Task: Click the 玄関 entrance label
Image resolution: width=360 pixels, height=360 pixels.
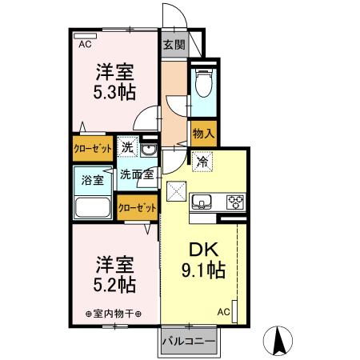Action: click(x=174, y=46)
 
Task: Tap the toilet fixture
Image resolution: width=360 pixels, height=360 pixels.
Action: click(x=202, y=81)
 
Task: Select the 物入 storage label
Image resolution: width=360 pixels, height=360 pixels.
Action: click(x=202, y=134)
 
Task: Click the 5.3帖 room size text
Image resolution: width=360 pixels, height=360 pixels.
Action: click(x=114, y=90)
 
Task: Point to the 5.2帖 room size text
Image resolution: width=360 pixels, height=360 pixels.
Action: click(x=114, y=284)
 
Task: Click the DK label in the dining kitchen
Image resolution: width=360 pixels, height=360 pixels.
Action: click(x=202, y=249)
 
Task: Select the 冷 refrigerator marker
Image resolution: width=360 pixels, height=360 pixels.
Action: click(x=202, y=161)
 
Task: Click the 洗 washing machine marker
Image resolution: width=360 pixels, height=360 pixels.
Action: click(x=126, y=147)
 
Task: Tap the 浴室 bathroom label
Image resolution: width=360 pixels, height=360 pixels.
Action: click(x=94, y=179)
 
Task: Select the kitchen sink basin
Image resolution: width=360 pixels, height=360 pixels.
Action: click(x=202, y=201)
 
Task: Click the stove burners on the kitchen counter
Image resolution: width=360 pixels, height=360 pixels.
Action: click(x=235, y=201)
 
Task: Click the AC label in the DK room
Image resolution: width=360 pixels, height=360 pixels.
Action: click(x=224, y=311)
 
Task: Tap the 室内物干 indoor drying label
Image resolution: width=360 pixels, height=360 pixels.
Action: click(x=113, y=313)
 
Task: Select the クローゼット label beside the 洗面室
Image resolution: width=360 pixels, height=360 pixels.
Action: click(x=137, y=207)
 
